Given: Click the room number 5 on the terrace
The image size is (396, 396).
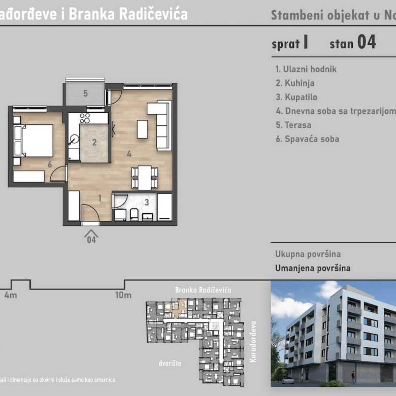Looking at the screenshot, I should point(86,93).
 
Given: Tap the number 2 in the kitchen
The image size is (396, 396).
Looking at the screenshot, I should point(94,143).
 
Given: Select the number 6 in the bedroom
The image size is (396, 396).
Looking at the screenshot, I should point(50,164).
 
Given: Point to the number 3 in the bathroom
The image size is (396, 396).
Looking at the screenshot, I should point(147,202).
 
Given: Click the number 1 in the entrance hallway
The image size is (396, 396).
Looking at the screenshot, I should point(100,198).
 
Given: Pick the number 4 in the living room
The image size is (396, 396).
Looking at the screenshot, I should point(129,153).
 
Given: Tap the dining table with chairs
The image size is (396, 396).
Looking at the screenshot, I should point(145,177).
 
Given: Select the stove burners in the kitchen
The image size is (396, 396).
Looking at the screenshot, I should point(85,118).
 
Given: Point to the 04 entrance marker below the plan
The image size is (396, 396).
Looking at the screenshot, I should point(91,237).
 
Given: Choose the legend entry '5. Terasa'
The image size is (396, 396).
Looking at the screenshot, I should point(293,125).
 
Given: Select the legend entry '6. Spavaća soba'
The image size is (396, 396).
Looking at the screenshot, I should point(307,139).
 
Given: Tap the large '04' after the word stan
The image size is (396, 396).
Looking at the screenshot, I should point(367,43).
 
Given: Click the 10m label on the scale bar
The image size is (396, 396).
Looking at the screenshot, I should point(123,295).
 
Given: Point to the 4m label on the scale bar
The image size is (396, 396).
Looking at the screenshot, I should point(10,295).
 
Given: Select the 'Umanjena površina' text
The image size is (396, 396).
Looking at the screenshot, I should point(313,268).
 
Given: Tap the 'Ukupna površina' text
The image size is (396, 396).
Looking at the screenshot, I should point(308,254).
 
